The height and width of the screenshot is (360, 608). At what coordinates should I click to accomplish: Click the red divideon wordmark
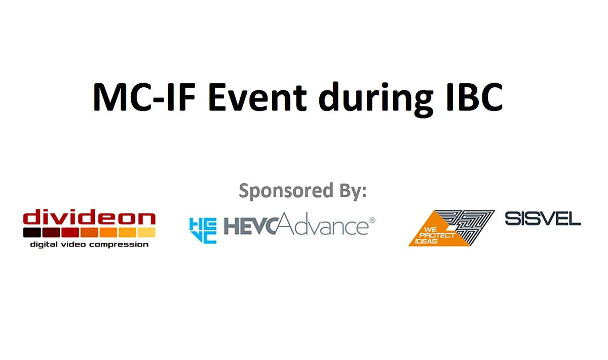coord(89,219)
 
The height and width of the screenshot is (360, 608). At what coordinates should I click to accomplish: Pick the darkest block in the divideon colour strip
coord(32,233)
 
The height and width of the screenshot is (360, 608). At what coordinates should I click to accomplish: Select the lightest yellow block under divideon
coord(146,233)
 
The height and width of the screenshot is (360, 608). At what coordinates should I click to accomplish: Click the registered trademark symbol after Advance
coord(372,221)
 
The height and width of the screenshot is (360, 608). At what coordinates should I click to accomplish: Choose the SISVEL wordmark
coord(543,219)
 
